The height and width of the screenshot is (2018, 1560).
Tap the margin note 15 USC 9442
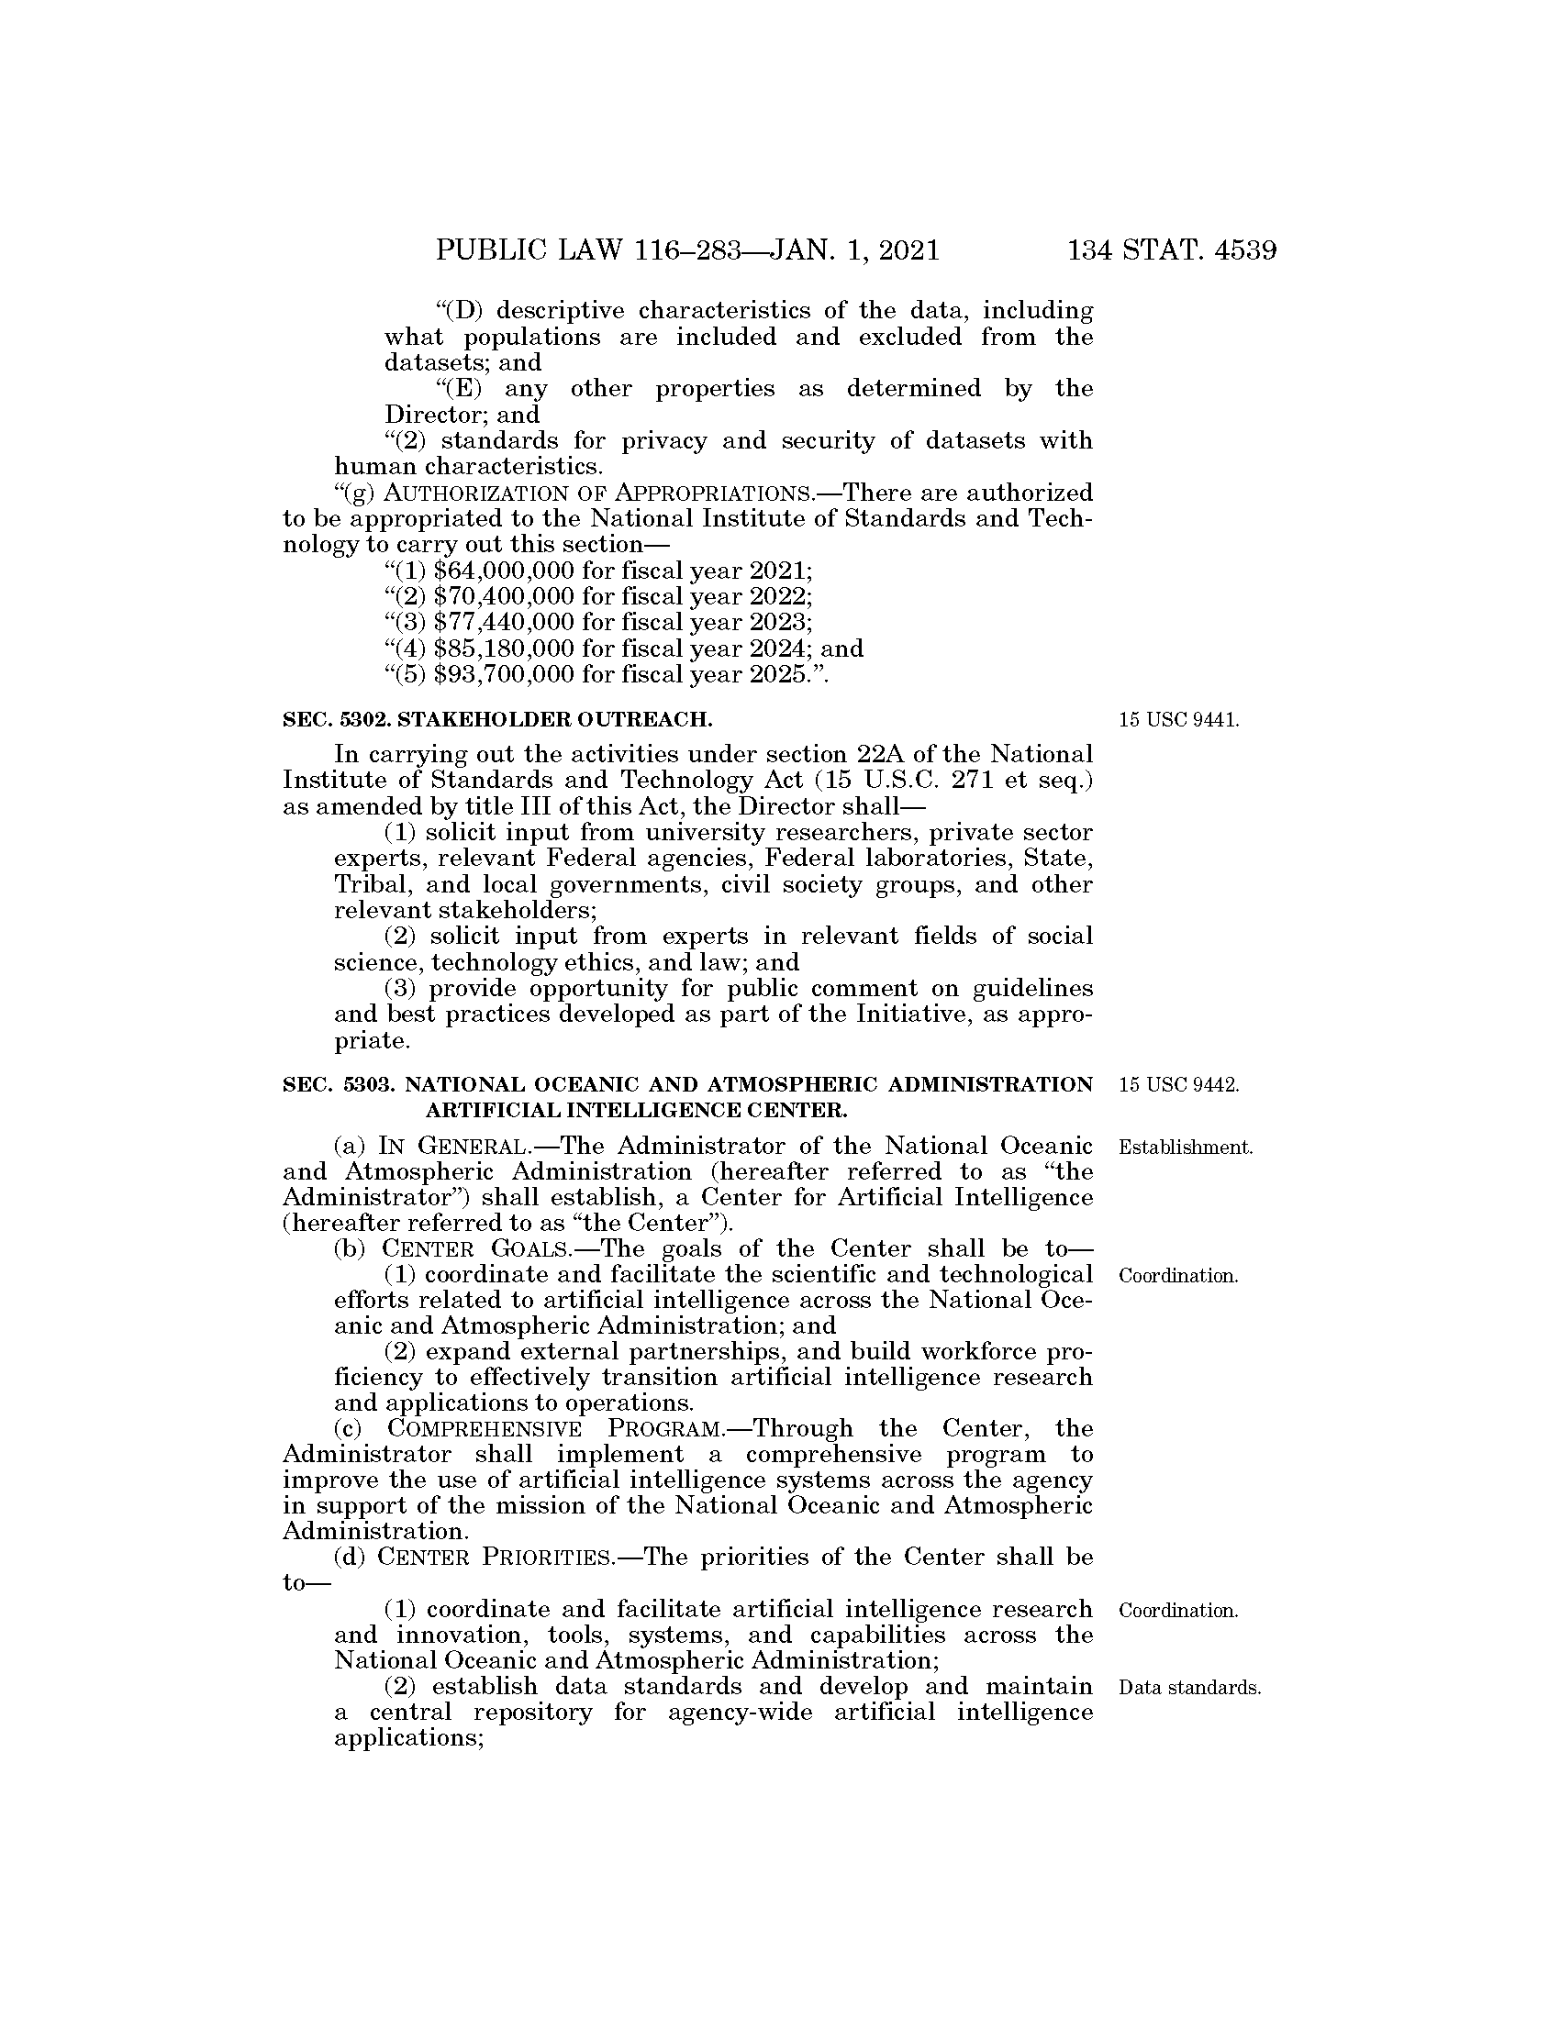pos(1178,1085)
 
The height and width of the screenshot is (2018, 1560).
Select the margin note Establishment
pos(1185,1148)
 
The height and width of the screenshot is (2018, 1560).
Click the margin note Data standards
pos(1188,1688)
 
